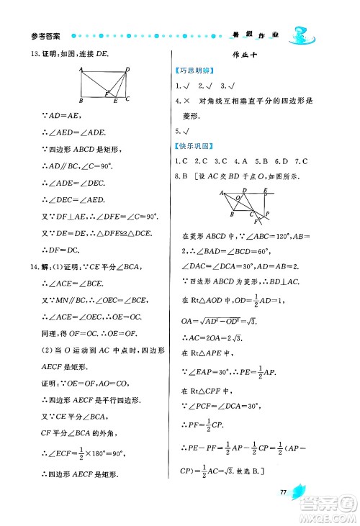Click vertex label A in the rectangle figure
pyautogui.click(x=81, y=69)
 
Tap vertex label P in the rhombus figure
pyautogui.click(x=268, y=214)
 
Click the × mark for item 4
pyautogui.click(x=187, y=101)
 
